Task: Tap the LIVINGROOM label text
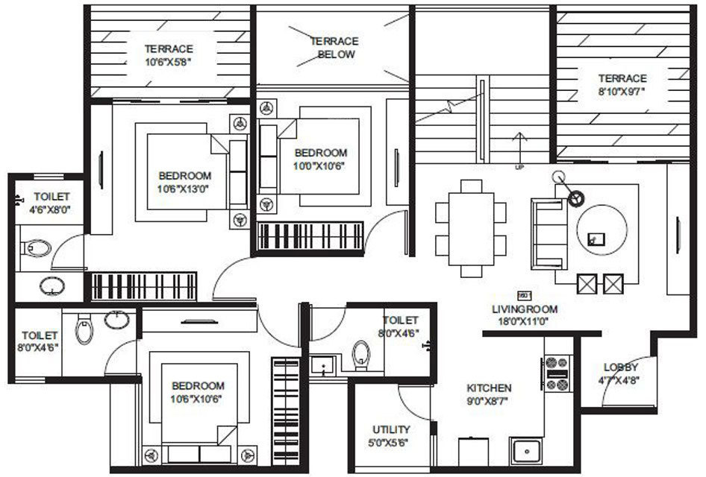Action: pos(524,309)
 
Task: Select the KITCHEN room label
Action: pos(489,388)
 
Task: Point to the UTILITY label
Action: pos(391,429)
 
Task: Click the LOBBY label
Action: pos(621,367)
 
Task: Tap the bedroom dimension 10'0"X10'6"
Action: pos(321,165)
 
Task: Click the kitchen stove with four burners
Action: pos(557,373)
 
